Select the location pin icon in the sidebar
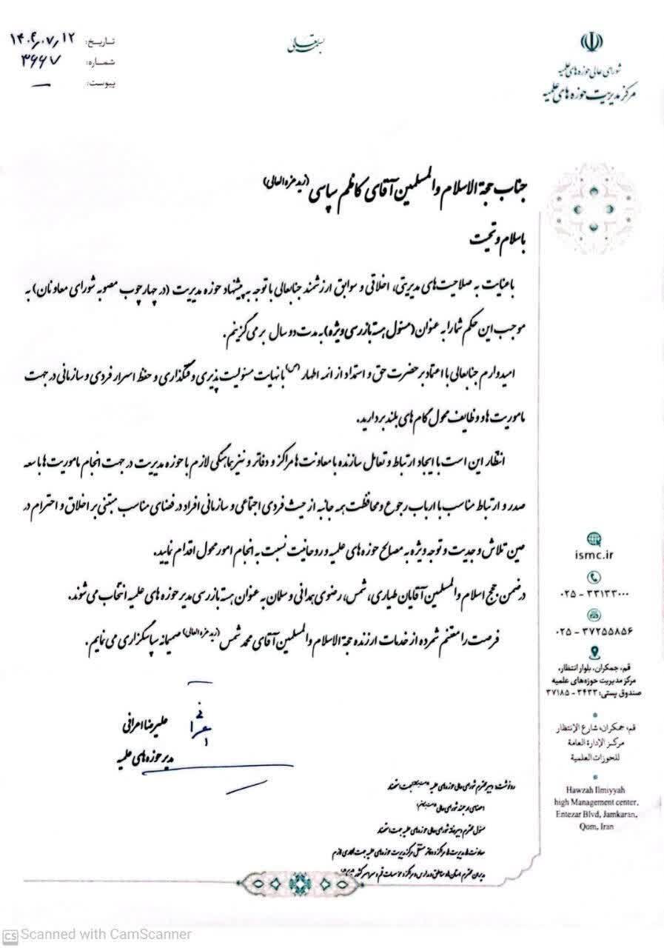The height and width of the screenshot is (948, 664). pos(593,652)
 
